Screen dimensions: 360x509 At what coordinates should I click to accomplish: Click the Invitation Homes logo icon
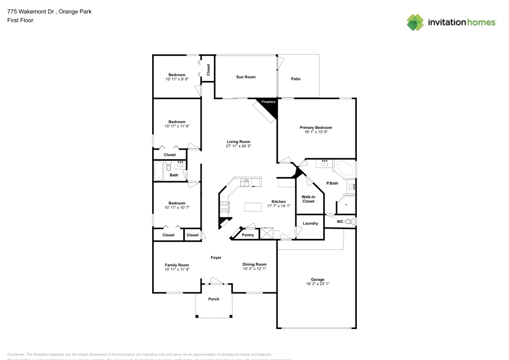[x=415, y=22]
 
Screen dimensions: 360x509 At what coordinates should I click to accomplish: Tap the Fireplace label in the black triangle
[x=268, y=102]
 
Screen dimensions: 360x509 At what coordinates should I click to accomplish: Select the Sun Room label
[x=246, y=77]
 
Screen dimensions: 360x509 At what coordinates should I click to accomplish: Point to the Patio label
[x=296, y=79]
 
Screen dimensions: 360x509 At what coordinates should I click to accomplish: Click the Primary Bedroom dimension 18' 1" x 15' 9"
[x=316, y=132]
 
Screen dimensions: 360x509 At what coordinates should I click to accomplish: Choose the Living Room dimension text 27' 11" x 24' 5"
[x=238, y=146]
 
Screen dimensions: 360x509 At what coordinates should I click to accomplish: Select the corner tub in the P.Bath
[x=345, y=169]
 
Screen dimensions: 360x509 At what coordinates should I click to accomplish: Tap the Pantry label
[x=248, y=235]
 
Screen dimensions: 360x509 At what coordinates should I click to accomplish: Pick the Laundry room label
[x=310, y=224]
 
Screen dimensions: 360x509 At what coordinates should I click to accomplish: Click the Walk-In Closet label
[x=308, y=199]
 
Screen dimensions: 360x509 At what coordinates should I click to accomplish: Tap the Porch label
[x=214, y=299]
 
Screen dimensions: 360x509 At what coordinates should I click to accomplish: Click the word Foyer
[x=216, y=258]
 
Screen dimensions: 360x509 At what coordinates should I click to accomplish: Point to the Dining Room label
[x=254, y=264]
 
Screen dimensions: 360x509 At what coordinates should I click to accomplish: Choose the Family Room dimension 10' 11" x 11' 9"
[x=177, y=269]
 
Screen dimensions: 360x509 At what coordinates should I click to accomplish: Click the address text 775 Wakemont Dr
[x=25, y=11]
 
